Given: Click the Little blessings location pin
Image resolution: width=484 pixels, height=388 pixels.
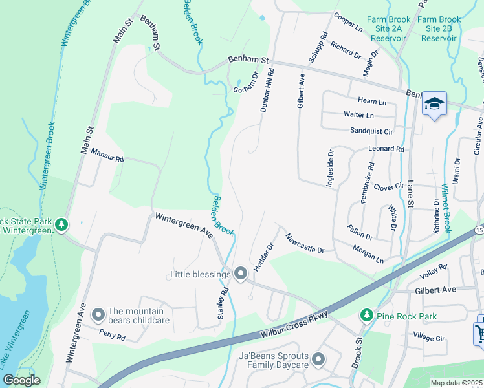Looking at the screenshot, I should pos(241,274).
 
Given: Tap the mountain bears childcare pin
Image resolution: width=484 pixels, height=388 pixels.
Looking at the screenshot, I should pos(98,315).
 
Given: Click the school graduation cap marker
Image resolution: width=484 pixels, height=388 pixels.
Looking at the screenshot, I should pos(434,103).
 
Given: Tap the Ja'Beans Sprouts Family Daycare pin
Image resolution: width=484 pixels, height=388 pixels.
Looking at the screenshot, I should pos(318,359).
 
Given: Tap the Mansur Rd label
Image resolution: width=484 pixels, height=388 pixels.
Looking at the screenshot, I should pos(107,156).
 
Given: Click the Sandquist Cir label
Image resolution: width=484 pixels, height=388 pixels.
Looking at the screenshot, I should pos(371,131).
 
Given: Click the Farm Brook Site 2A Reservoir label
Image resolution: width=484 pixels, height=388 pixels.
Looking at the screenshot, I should pos(386,28).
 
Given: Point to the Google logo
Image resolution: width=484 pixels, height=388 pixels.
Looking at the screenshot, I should pos(21,380).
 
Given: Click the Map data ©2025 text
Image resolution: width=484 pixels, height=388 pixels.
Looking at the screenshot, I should pos(456,383).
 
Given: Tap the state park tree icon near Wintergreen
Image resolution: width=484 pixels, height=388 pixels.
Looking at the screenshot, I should pos(61,224).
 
